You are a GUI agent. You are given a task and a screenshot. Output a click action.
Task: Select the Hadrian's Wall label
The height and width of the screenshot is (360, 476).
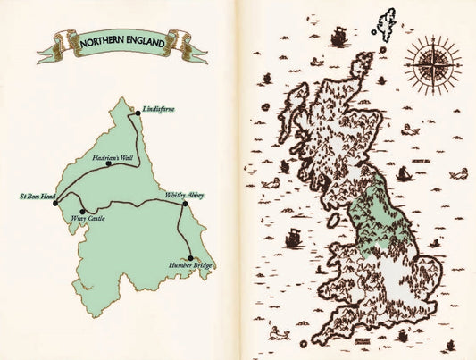[113, 155]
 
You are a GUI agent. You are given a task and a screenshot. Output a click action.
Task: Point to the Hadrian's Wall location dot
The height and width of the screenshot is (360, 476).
[107, 164]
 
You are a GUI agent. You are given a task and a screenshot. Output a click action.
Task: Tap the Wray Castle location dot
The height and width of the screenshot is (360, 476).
[83, 211]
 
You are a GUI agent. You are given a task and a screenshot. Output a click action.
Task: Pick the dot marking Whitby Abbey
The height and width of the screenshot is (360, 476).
[185, 204]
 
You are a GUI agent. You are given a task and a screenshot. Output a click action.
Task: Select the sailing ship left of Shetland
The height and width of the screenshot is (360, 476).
[338, 38]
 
